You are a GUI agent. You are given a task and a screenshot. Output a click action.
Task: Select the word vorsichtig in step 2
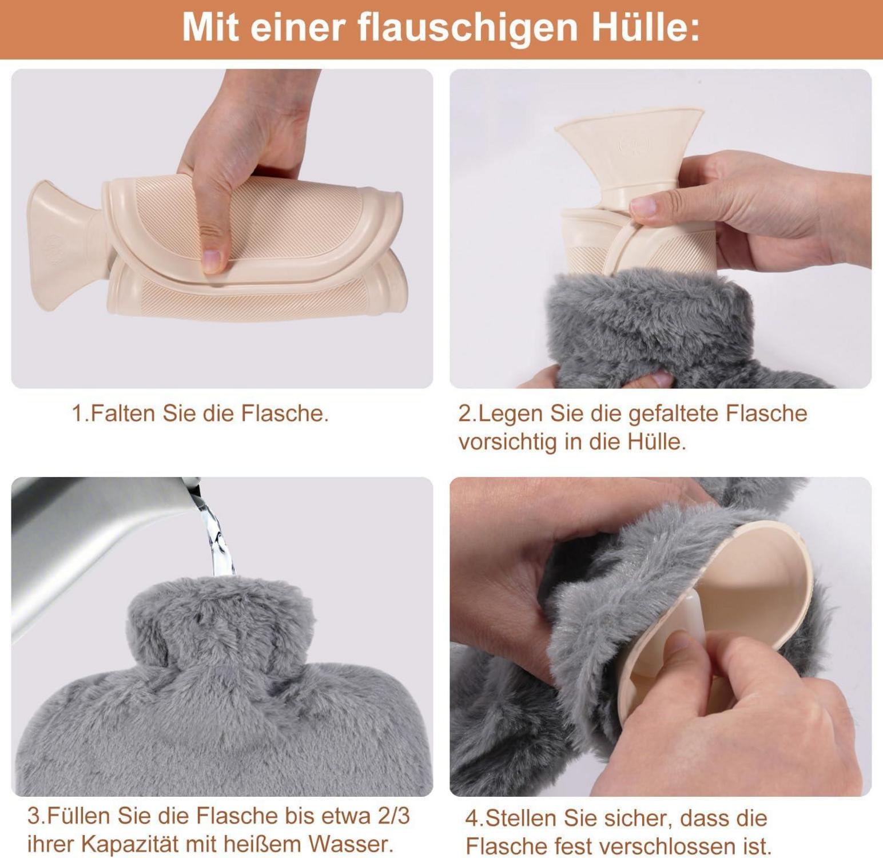(x=508, y=442)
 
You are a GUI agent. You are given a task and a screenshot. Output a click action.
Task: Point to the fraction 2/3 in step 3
(x=394, y=816)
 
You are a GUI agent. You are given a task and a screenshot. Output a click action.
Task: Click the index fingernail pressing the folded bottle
(x=212, y=260)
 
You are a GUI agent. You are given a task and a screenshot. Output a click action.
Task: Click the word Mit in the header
(x=211, y=27)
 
